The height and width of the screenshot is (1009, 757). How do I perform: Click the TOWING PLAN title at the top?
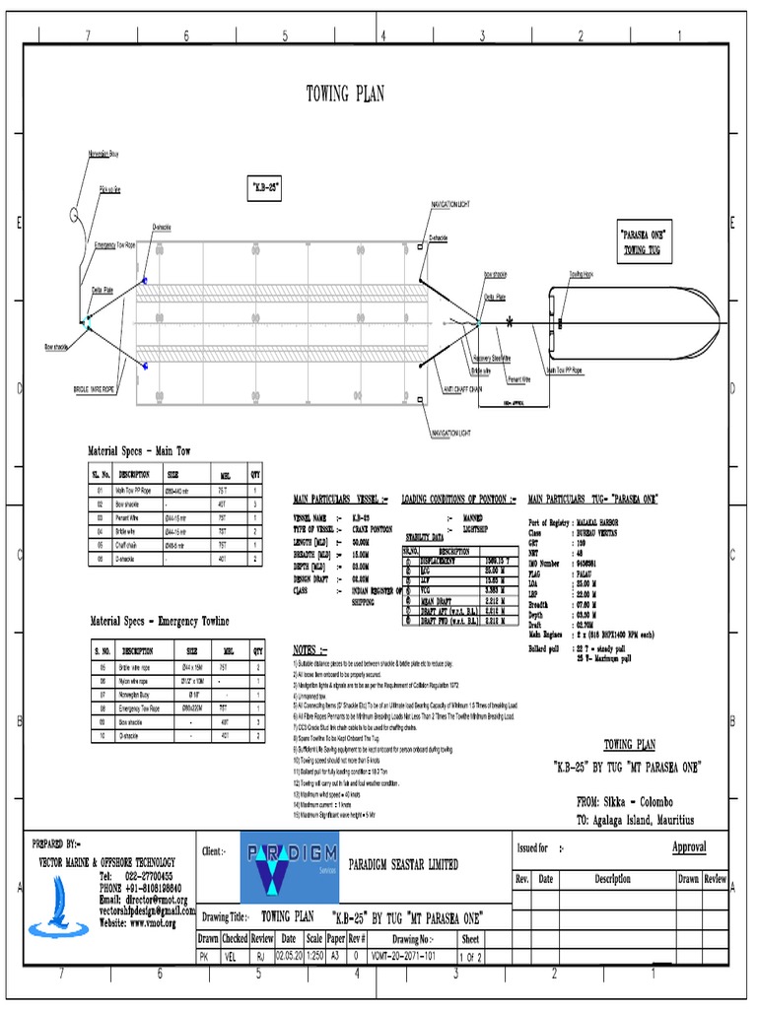coord(345,95)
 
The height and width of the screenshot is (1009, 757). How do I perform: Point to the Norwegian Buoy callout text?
coord(102,155)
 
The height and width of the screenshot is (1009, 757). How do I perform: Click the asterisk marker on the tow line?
coord(510,322)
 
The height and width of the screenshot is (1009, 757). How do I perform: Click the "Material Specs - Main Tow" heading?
coord(140,450)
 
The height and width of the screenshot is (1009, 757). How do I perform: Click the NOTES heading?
coord(310,650)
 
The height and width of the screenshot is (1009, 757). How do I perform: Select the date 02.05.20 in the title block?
coord(286,956)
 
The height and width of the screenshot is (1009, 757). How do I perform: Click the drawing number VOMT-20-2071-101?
coord(406,956)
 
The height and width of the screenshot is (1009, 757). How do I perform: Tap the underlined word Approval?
coord(689,847)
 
